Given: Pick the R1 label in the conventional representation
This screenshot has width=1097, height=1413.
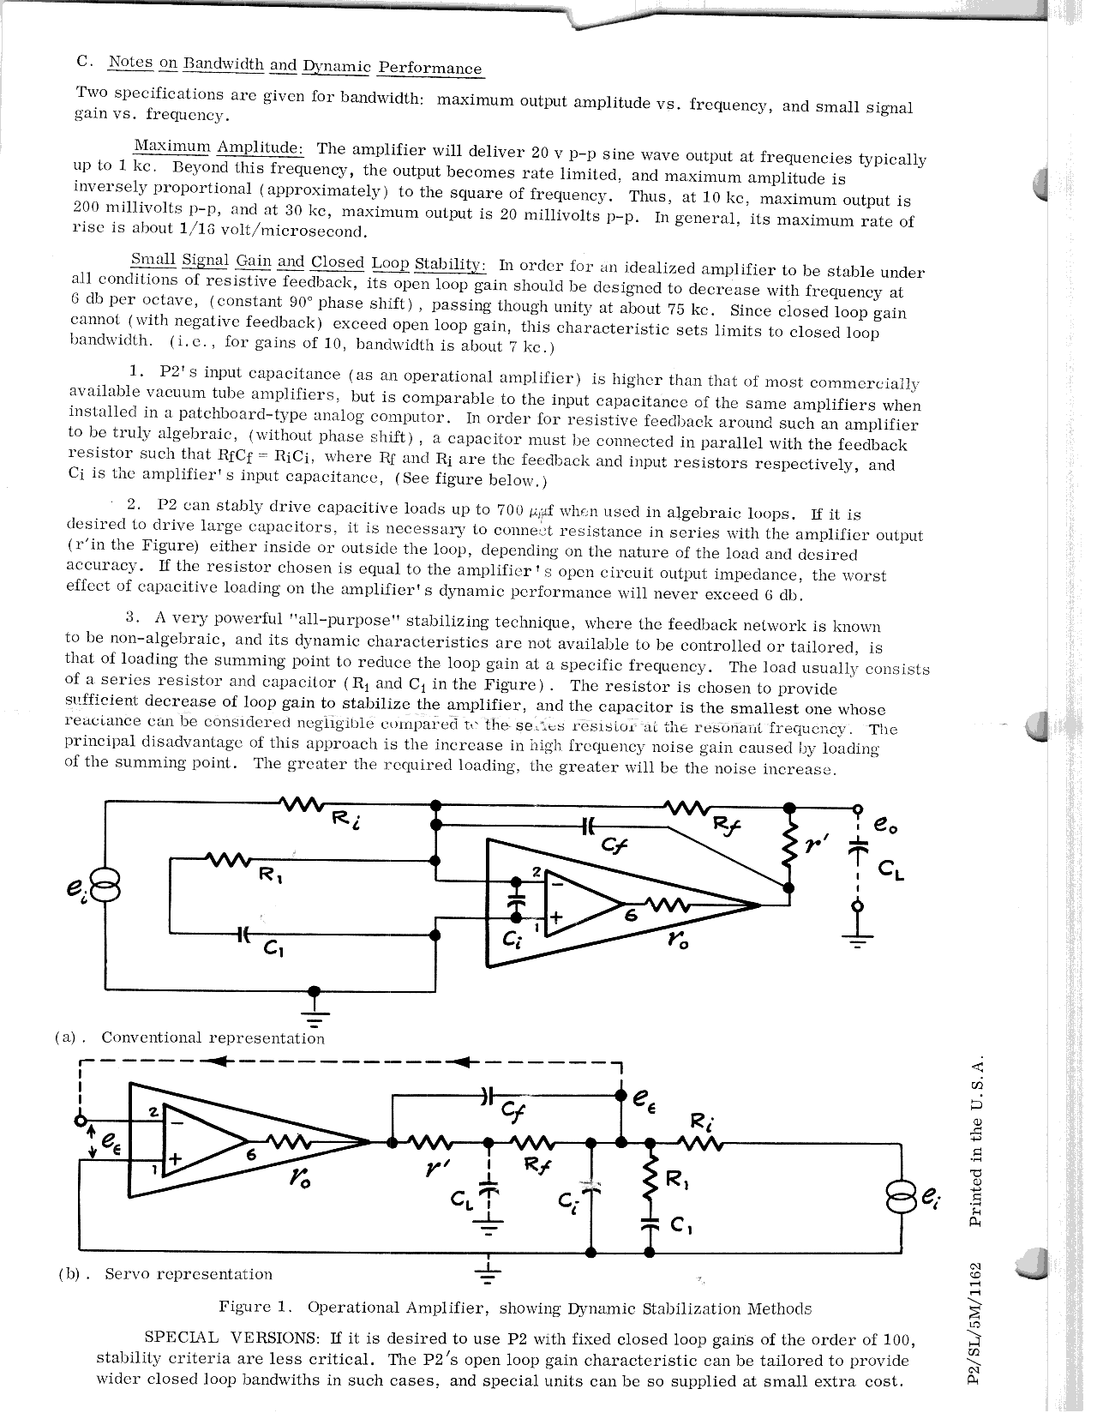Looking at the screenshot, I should pyautogui.click(x=273, y=875).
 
